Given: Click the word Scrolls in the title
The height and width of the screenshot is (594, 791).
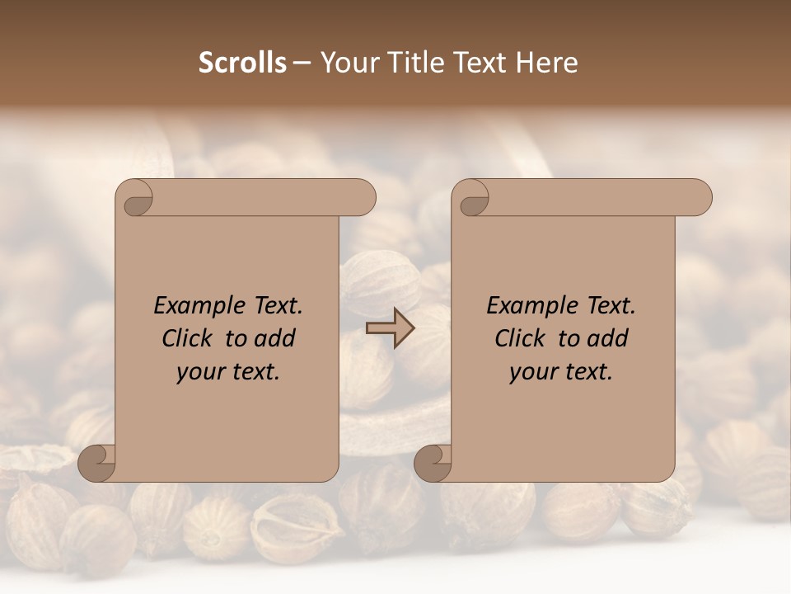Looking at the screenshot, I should click(242, 63).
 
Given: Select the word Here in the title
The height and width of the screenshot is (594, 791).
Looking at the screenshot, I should click(547, 63).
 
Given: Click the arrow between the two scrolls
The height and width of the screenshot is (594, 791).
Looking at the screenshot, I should click(390, 328).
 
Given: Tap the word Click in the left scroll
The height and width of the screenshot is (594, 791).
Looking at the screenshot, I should click(188, 338).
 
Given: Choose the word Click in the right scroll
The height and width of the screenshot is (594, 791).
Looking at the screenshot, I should click(520, 338).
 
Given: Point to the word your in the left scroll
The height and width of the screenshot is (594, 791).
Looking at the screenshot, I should click(199, 371).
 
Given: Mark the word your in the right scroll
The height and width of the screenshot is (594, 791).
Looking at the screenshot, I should click(531, 371).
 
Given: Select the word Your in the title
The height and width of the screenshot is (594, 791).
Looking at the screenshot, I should click(348, 63).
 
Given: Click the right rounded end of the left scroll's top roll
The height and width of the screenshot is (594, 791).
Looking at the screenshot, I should click(363, 198).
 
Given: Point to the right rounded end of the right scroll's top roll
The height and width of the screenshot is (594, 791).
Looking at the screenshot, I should click(699, 198).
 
